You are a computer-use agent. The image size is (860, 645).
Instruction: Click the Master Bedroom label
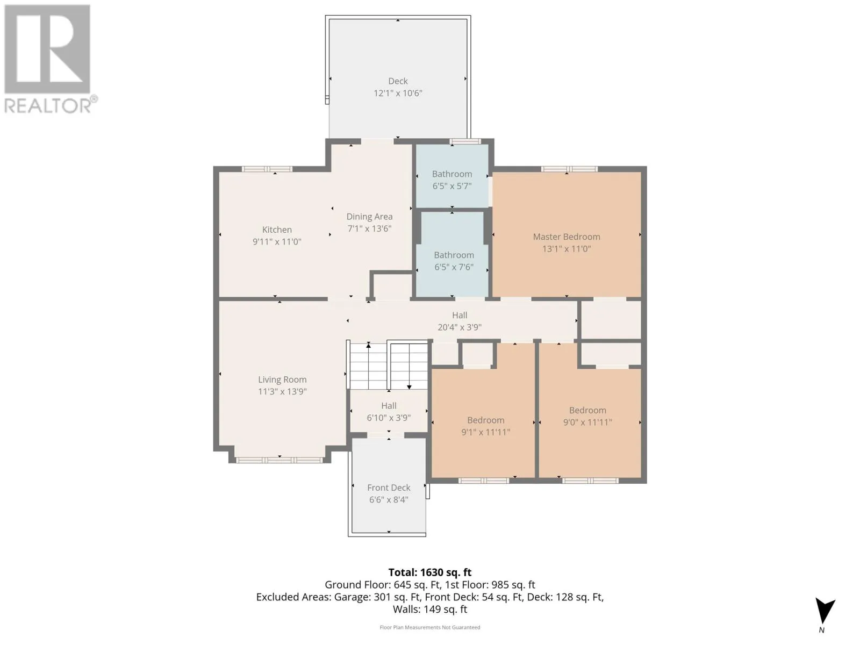[x=566, y=236]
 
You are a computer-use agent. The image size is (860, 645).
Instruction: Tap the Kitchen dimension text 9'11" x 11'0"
[x=277, y=242]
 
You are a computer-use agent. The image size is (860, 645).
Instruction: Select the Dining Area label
[x=369, y=217]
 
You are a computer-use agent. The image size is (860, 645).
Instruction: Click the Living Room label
[x=282, y=379]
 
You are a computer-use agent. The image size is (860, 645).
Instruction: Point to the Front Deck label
[x=389, y=488]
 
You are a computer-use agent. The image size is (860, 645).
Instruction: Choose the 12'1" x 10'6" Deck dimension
[x=398, y=93]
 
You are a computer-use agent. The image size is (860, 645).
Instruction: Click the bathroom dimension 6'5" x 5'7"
[x=451, y=186]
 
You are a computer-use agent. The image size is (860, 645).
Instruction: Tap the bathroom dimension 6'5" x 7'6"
[x=454, y=267]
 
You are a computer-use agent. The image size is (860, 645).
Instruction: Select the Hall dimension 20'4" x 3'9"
[x=459, y=327]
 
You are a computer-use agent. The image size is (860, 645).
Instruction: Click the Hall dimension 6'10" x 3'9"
[x=389, y=418]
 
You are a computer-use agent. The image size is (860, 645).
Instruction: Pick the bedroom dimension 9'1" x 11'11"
[x=485, y=432]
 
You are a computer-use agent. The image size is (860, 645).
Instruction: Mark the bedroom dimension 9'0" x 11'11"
[x=587, y=422]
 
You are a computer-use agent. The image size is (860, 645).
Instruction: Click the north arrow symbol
[x=825, y=611]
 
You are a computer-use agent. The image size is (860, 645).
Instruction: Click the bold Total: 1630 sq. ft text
[x=430, y=572]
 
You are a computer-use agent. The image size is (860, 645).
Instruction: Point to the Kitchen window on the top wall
[x=267, y=169]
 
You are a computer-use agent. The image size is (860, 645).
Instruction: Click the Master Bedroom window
[x=569, y=169]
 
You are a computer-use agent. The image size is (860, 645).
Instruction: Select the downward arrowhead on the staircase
[x=409, y=387]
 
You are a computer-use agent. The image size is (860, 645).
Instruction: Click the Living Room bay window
[x=279, y=460]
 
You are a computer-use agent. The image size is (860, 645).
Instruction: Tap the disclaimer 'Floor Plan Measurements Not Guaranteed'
[x=430, y=627]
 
